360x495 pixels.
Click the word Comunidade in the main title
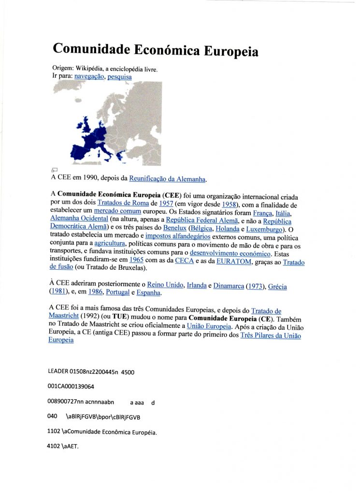pos(90,49)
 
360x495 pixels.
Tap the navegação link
pos(89,76)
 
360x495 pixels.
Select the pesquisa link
pos(119,76)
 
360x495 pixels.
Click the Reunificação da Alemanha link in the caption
pos(168,179)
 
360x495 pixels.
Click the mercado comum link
pos(117,211)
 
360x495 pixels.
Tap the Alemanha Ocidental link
pos(79,219)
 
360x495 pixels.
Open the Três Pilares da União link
pos(270,335)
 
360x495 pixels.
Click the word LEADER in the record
pos(59,372)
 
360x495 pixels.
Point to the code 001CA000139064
pos(71,387)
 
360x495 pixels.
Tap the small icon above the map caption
pos(54,169)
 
